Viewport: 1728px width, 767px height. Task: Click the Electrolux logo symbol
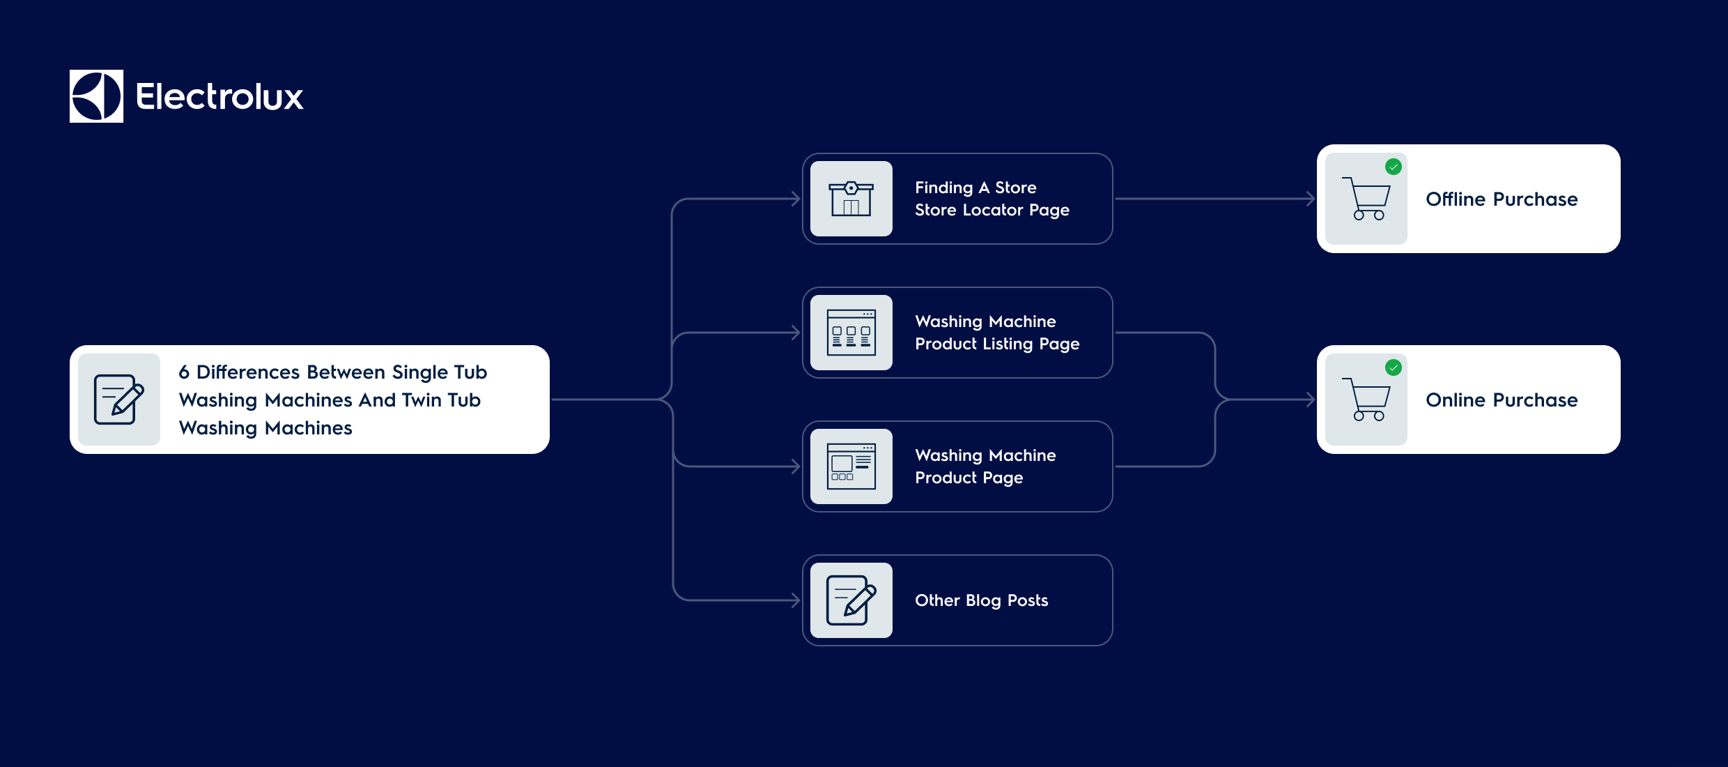96,96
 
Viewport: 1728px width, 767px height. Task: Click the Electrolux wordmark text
219,97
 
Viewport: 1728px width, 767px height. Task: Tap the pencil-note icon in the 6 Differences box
118,400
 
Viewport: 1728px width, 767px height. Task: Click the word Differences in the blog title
248,372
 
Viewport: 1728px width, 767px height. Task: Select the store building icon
851,199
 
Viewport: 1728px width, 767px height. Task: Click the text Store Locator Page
992,210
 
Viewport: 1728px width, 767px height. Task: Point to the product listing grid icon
851,333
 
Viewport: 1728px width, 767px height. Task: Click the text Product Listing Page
996,344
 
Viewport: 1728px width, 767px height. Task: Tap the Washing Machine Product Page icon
851,466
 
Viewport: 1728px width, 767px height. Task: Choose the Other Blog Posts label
981,600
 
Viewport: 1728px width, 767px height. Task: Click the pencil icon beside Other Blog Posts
851,600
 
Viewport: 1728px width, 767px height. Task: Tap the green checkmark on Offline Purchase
1394,167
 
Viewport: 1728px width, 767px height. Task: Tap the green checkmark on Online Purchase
1394,367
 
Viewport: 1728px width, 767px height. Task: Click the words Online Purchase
1502,400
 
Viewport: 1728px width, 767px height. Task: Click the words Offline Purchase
1502,199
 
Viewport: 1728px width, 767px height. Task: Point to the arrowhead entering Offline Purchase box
1310,199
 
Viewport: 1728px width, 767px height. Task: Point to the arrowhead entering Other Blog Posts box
796,600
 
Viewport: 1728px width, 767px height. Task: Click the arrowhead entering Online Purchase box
1310,400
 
